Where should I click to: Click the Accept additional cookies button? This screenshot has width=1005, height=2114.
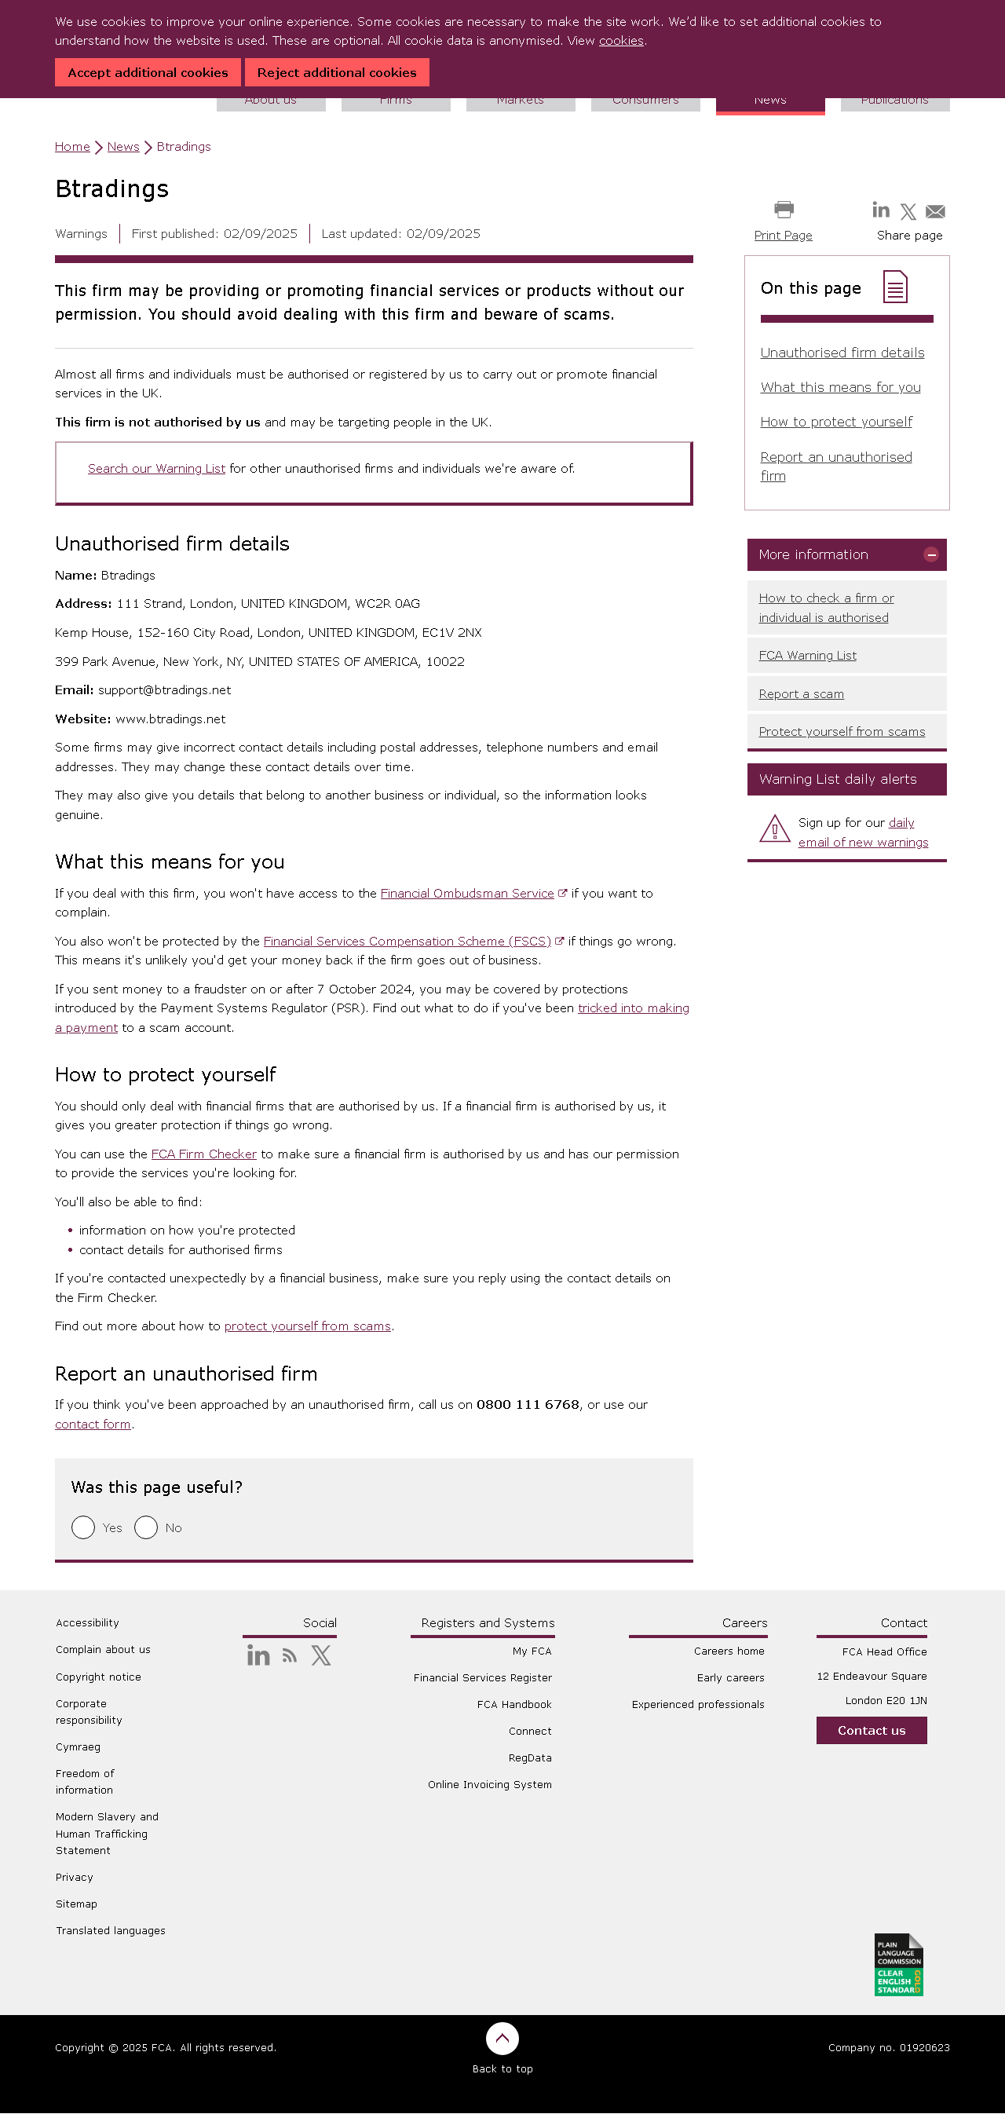(x=148, y=72)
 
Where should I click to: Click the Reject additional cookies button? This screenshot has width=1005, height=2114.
(x=336, y=72)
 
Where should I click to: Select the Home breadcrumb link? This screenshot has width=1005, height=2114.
(x=72, y=147)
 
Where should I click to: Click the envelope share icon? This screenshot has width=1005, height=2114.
(x=934, y=212)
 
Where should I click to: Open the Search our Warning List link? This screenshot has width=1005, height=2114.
(x=156, y=469)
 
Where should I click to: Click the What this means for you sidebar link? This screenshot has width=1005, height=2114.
(x=840, y=387)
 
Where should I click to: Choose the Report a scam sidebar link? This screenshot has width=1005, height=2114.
(x=801, y=694)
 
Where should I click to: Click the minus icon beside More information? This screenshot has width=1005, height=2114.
(x=930, y=554)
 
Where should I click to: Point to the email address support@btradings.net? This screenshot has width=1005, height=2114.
(x=164, y=690)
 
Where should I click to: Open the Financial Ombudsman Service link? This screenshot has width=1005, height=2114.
(x=467, y=894)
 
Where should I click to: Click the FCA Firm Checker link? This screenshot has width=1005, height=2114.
(x=203, y=1154)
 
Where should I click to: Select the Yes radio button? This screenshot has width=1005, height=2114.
(x=83, y=1527)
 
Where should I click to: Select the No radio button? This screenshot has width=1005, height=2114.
(x=146, y=1527)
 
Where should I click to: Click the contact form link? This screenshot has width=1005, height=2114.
(x=93, y=1425)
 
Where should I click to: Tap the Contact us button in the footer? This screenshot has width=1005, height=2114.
(x=872, y=1731)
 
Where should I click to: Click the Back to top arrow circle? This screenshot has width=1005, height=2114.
(x=502, y=2039)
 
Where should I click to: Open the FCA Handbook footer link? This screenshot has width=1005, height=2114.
(x=513, y=1705)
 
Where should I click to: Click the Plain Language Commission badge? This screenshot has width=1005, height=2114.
(x=898, y=1966)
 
